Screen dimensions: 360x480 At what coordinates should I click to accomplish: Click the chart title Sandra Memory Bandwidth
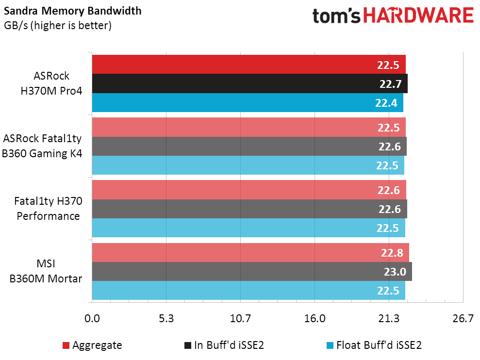click(72, 11)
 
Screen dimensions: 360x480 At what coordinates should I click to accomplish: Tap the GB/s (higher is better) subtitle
click(58, 26)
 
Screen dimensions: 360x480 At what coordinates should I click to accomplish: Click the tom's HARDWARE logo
click(393, 16)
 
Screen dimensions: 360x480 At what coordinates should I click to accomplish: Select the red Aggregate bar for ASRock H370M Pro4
click(233, 65)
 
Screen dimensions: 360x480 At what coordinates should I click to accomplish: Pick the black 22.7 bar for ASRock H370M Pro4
click(233, 84)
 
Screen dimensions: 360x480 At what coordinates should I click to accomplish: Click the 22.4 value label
click(386, 103)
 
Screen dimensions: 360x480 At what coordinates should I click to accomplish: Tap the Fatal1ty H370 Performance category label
click(49, 209)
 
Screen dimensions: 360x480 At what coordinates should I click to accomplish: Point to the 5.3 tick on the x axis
click(166, 319)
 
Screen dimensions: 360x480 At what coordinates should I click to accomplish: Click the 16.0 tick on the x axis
click(314, 319)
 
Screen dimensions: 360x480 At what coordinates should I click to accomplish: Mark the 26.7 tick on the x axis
click(463, 319)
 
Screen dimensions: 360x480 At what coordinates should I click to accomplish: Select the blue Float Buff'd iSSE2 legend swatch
click(330, 345)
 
